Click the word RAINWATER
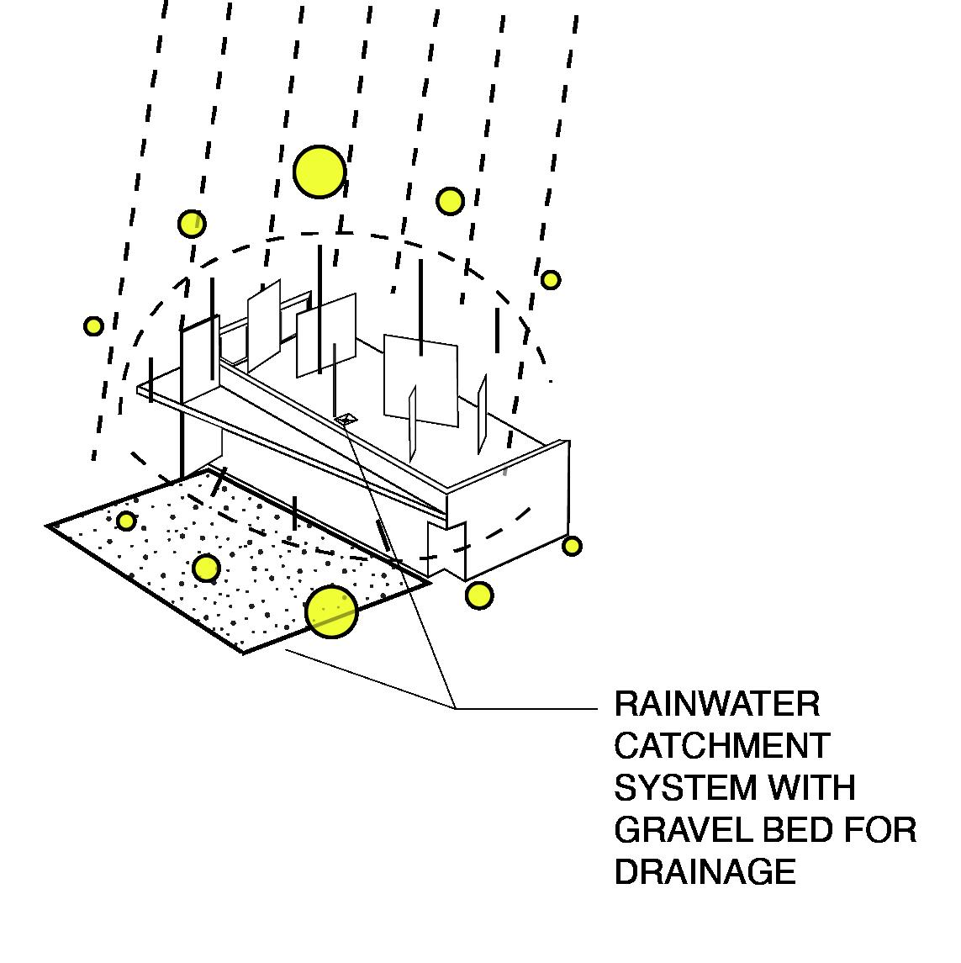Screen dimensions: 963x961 click(716, 704)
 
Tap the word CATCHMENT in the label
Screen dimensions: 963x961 click(721, 746)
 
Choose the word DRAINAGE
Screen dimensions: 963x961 click(705, 872)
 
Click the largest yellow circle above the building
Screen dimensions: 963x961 click(319, 172)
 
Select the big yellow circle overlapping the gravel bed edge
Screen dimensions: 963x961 click(331, 611)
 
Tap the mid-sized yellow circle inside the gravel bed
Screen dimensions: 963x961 click(206, 569)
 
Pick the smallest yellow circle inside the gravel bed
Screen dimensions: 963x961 click(126, 521)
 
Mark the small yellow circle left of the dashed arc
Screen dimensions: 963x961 click(93, 326)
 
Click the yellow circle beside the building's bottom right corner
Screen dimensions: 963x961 click(572, 547)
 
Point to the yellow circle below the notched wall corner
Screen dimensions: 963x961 click(478, 595)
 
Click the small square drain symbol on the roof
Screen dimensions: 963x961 click(346, 417)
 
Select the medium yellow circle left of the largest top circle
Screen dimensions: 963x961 click(192, 224)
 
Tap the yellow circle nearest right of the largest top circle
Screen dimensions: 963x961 click(450, 201)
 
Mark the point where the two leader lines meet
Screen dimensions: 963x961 click(456, 709)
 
